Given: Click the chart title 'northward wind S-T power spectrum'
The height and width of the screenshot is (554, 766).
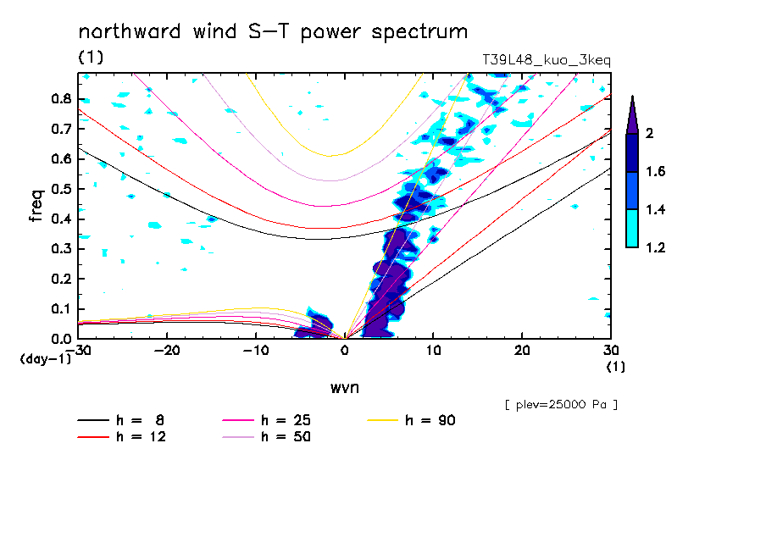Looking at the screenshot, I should (273, 32).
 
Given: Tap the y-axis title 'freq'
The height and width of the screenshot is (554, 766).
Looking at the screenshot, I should (36, 206).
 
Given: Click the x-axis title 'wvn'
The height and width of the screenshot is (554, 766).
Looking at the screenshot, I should (344, 388).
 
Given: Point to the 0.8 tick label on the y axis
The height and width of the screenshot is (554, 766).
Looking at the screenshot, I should (60, 98).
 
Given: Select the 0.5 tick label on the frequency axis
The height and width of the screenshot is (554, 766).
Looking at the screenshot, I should (60, 189).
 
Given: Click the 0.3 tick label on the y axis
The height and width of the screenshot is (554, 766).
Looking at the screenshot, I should (60, 249).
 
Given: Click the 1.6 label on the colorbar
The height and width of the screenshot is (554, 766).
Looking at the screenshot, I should (656, 171).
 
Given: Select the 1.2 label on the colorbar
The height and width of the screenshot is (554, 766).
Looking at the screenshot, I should (656, 247).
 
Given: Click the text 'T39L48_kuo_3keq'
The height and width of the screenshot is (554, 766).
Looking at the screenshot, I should (546, 60).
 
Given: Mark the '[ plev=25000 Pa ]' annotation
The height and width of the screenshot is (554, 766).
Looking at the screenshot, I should (560, 405).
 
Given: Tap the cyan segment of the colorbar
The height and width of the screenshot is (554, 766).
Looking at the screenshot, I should (632, 228).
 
